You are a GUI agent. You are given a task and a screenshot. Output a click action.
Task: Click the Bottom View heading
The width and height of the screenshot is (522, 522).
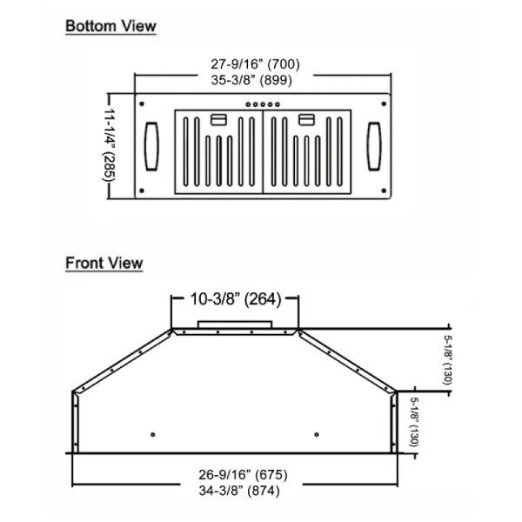click(110, 26)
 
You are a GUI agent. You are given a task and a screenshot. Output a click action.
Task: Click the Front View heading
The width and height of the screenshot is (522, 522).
click(104, 263)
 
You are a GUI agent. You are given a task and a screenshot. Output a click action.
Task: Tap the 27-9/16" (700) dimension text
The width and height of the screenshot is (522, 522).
click(255, 64)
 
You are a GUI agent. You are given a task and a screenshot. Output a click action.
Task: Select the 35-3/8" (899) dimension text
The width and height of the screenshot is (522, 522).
click(251, 80)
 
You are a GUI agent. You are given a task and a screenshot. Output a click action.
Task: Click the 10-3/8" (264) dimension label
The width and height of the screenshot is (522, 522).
click(236, 299)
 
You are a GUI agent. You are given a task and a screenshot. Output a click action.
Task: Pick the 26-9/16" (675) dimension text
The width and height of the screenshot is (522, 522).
click(243, 475)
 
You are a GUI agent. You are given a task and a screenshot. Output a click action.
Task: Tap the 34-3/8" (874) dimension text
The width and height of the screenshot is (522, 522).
click(239, 491)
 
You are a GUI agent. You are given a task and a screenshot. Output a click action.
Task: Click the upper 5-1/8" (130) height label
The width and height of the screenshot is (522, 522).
click(448, 360)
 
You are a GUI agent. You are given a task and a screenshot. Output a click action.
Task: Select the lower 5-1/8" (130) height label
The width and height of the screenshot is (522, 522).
click(414, 422)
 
